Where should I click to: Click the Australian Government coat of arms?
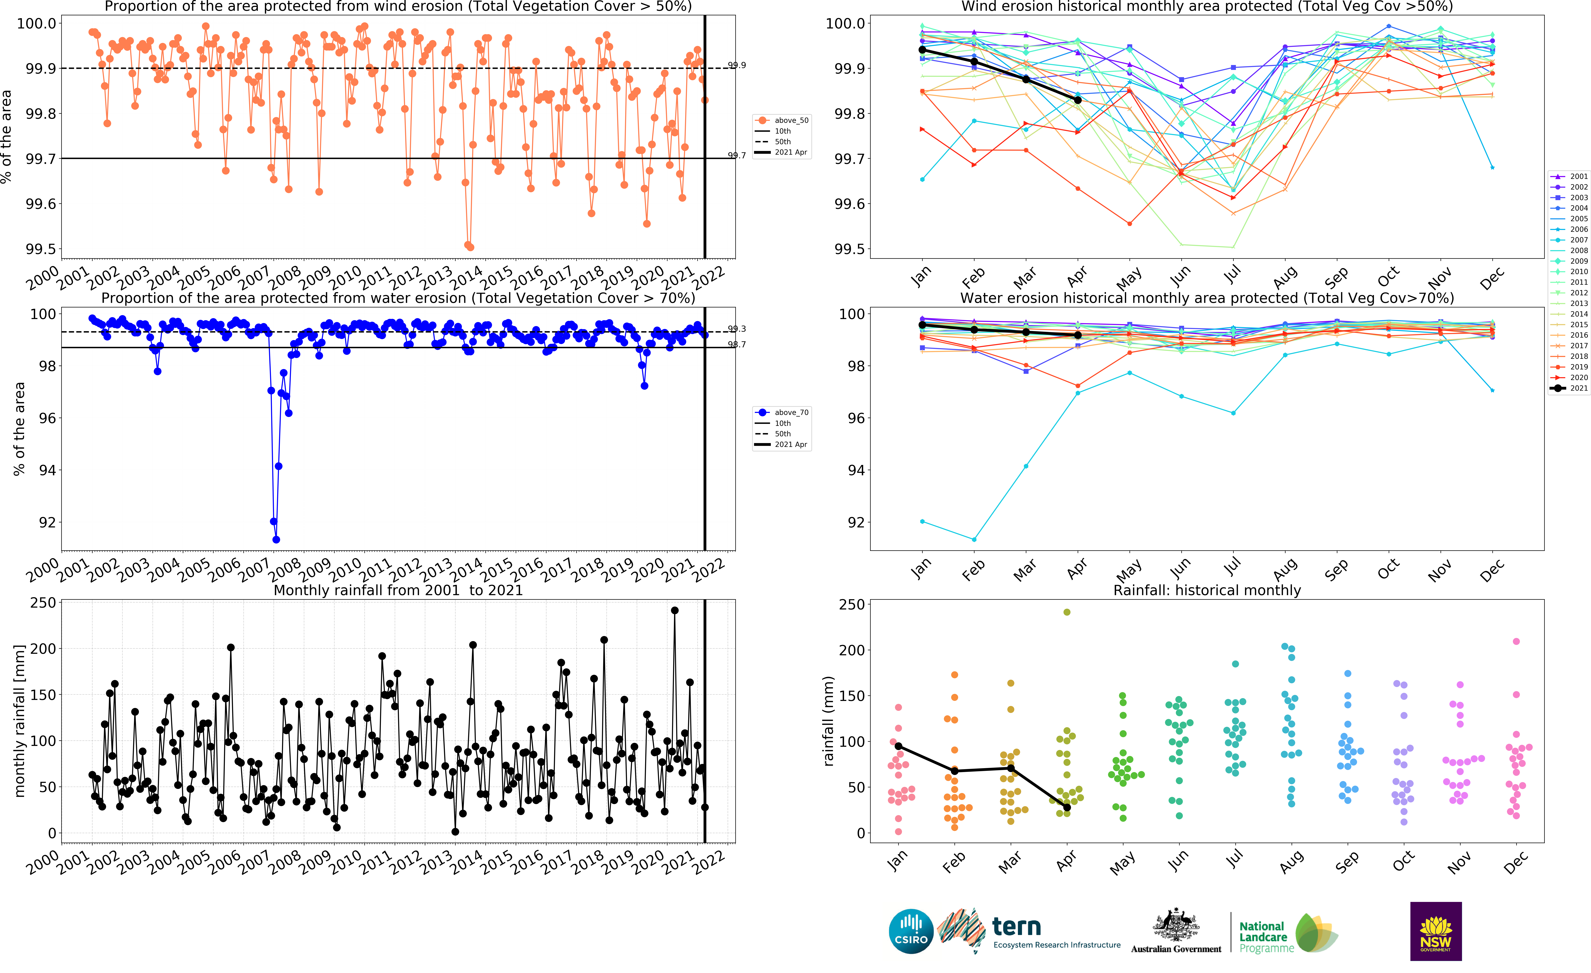(1176, 925)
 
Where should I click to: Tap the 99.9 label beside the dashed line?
(737, 65)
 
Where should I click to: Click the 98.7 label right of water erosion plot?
(737, 344)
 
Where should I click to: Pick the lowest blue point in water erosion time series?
(276, 539)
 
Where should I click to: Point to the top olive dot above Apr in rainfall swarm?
(1067, 612)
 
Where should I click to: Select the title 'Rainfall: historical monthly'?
(1207, 590)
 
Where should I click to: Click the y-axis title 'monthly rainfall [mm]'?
(19, 720)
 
